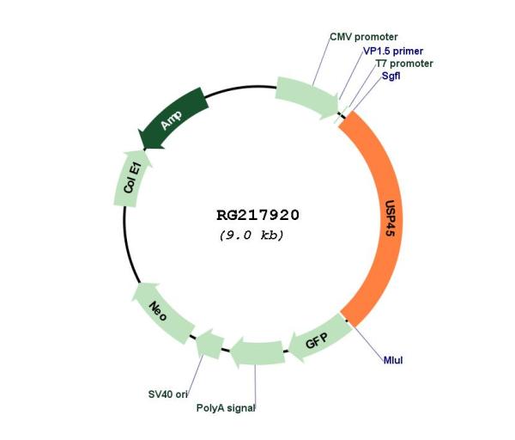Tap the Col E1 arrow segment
coord(131,180)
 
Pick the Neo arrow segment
coord(161,313)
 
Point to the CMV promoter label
coord(364,37)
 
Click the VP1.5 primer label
coord(393,51)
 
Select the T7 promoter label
coord(404,64)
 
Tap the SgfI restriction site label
coord(391,76)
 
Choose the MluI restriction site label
coord(393,360)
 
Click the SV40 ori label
coord(168,394)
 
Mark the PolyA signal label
coord(226,408)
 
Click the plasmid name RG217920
coord(257,216)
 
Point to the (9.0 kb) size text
coord(251,235)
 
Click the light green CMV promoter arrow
coord(307,97)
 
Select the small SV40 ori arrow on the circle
coord(209,344)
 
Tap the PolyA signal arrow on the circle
coord(257,352)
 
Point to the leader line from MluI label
coord(367,341)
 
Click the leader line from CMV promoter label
coord(321,61)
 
